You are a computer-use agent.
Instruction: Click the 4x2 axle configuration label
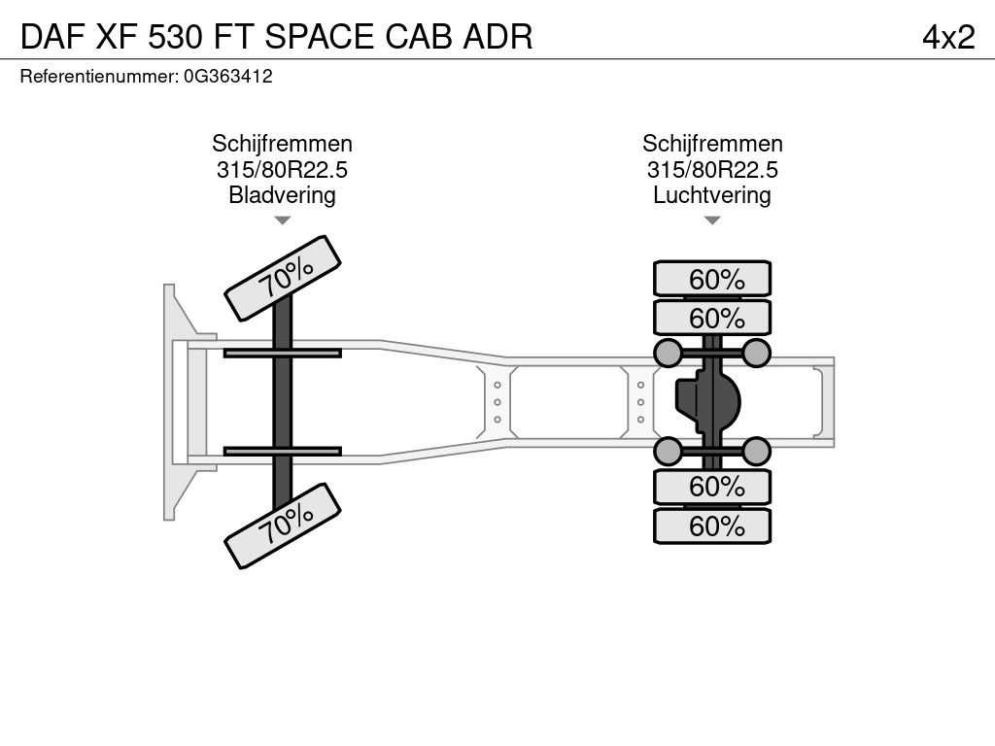pos(948,37)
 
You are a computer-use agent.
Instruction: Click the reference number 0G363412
pos(228,76)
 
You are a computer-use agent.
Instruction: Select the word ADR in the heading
pos(497,37)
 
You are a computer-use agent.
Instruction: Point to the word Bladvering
pos(283,194)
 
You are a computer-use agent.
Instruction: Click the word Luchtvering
pos(712,194)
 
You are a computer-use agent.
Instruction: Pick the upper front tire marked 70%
pos(283,279)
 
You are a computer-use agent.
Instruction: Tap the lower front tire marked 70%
pos(283,526)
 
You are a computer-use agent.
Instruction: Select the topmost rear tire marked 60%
pos(712,279)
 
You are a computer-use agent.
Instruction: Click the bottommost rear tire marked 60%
pos(712,526)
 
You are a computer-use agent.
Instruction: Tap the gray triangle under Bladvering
pos(283,220)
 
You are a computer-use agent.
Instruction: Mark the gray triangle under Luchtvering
pos(712,220)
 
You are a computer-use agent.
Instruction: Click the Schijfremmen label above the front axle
pos(283,144)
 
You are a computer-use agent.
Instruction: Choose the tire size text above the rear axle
pos(712,170)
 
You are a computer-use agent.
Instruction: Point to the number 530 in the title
pos(176,37)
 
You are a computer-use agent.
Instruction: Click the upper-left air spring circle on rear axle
pos(668,353)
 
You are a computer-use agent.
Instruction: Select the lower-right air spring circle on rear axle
pos(756,451)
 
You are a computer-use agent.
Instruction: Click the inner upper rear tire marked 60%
pos(712,318)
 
